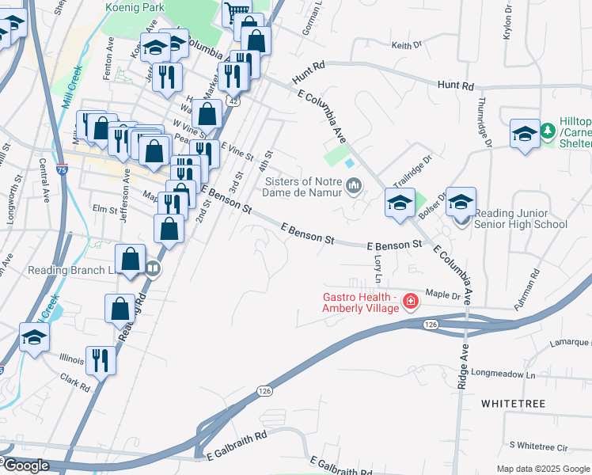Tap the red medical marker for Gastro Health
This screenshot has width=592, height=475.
tap(410, 301)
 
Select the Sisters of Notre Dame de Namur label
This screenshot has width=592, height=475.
tap(303, 186)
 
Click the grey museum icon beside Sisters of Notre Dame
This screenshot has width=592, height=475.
tap(353, 187)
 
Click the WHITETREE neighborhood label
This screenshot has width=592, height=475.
tap(513, 404)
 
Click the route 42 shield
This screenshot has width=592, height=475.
tap(233, 101)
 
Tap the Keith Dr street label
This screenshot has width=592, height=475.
tap(407, 46)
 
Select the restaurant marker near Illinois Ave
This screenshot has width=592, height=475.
tap(101, 360)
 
